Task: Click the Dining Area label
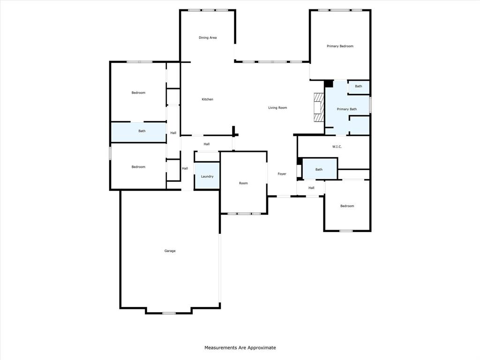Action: click(208, 37)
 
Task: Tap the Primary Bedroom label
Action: click(340, 46)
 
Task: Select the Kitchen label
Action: click(207, 99)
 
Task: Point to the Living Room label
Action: click(277, 108)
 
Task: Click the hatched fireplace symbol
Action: click(319, 107)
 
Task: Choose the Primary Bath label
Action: click(347, 109)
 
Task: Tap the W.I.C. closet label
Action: click(337, 147)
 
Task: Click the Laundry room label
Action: click(207, 177)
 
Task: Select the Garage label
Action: click(170, 251)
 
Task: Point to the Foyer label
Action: click(282, 174)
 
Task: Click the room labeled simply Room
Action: click(243, 183)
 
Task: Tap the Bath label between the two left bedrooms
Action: click(142, 131)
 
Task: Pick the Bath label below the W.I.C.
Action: click(319, 170)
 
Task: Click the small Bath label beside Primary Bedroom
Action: click(359, 86)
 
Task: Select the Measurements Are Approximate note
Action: click(240, 348)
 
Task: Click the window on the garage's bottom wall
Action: click(169, 313)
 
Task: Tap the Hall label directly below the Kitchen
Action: click(207, 144)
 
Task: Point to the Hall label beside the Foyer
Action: click(311, 188)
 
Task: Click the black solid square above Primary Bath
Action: click(329, 83)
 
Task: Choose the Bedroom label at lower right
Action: click(347, 206)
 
